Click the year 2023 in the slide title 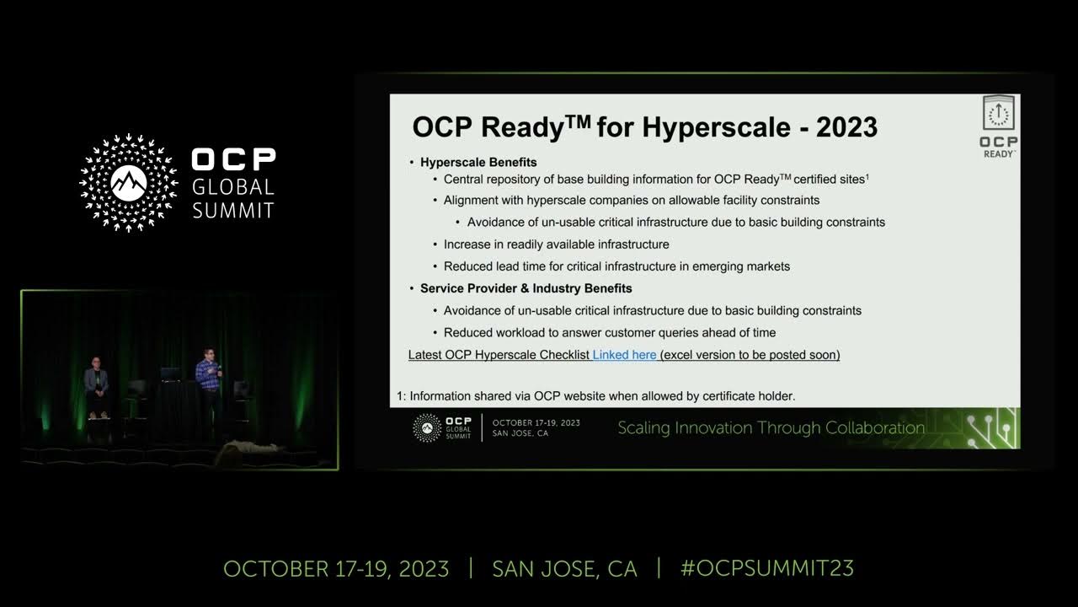click(846, 127)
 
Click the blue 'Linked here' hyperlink click(624, 355)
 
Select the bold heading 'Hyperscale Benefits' click(478, 162)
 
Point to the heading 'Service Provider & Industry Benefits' click(526, 288)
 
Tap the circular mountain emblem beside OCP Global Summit click(129, 182)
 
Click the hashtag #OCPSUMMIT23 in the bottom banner click(767, 568)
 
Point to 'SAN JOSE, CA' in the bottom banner click(564, 568)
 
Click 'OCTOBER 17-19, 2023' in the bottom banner click(336, 568)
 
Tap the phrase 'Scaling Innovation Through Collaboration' click(771, 427)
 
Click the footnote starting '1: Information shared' click(596, 395)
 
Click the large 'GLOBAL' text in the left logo click(233, 186)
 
